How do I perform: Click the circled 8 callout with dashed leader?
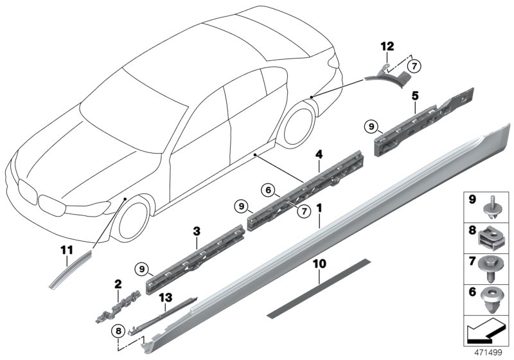[x=117, y=332]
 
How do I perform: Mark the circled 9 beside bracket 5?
[x=371, y=127]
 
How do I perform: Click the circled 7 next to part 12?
[x=414, y=65]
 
